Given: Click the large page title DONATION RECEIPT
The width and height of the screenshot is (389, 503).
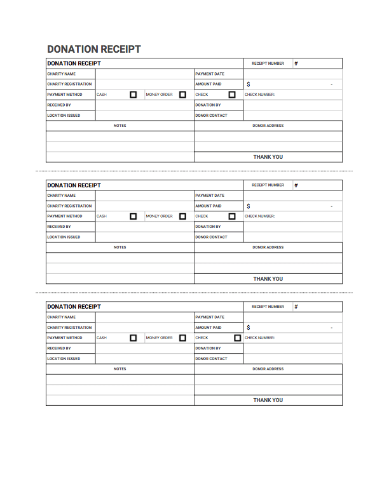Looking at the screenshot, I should pos(94,49).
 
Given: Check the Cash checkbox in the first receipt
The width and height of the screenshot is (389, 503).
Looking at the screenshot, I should pos(133,95).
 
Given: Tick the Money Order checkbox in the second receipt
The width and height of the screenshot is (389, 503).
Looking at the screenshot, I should pos(182,216).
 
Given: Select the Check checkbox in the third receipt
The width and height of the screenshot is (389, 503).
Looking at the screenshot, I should pos(237,338).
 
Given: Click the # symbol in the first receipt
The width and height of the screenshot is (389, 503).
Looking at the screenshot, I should pos(296,64).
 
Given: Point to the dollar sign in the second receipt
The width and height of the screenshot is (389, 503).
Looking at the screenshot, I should pos(249,206).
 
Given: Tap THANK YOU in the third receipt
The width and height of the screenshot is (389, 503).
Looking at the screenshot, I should pos(268,400).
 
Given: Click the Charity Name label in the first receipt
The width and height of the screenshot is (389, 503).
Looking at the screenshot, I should pos(61,74).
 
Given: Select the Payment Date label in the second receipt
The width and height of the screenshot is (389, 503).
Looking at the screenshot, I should pos(210,196).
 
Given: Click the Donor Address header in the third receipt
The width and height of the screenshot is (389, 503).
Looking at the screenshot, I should pos(268,369).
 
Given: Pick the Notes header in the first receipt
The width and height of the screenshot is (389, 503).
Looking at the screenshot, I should pos(119,126).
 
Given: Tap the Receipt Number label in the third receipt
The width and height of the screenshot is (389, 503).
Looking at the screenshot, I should pos(268,307).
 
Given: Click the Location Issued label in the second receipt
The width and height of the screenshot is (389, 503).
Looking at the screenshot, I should pos(64,237).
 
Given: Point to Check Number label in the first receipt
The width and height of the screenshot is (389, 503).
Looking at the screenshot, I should pos(259,95).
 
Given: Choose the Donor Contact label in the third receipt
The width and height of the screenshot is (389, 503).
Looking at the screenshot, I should pos(211,359).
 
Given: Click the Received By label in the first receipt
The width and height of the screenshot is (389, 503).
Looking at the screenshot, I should pos(59,105).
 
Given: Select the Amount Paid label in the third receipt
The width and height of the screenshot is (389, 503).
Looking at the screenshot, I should pos(208,328).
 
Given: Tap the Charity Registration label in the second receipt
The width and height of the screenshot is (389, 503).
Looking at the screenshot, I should pos(69,206).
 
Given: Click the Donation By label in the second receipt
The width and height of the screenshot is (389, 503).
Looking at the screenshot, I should pos(208,227).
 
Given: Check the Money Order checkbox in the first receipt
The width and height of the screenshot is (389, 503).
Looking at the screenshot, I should pos(182,95).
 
